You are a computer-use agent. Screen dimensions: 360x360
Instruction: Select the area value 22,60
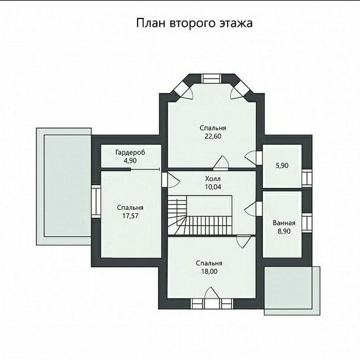[213, 136]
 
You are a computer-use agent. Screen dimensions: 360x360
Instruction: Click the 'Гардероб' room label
[130, 153]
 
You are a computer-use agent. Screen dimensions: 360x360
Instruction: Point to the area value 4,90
[130, 160]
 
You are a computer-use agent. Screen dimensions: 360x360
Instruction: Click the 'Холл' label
[213, 179]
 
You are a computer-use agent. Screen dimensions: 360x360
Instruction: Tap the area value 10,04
[213, 187]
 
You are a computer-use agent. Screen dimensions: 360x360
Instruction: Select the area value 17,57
[130, 216]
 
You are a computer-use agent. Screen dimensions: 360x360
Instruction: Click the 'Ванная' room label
[284, 223]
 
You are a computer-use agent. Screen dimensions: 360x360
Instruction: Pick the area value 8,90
[284, 231]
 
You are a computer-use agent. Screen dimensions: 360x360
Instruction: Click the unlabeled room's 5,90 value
[282, 166]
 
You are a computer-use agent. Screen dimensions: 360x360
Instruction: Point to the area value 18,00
[209, 271]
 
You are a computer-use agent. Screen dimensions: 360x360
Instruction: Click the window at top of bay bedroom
[211, 79]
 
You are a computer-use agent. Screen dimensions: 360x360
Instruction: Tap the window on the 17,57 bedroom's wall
[96, 202]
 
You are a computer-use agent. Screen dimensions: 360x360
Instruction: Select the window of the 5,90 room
[307, 178]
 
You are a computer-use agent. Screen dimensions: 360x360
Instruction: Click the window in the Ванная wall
[307, 223]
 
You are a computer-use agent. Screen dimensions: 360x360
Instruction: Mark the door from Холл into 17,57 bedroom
[170, 179]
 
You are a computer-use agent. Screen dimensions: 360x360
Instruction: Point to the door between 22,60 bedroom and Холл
[221, 163]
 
